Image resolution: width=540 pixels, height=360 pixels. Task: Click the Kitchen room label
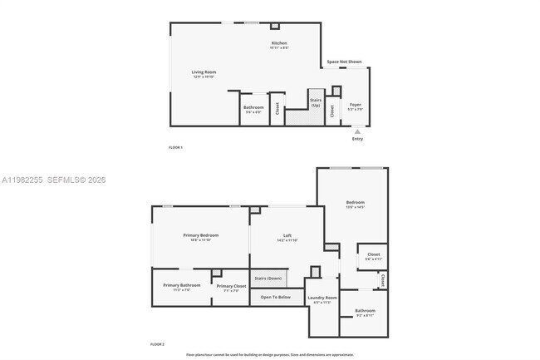tap(279, 43)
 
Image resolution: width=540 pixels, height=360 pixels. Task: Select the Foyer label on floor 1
tap(355, 105)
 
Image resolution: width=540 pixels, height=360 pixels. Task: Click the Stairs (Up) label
tap(316, 103)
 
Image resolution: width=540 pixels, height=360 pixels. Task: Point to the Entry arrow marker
tap(357, 131)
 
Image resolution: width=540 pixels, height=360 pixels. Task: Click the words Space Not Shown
tap(344, 62)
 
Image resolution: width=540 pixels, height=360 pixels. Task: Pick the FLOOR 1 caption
tap(175, 147)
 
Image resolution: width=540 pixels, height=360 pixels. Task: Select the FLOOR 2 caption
tap(157, 343)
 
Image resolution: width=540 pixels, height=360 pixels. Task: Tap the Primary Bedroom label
tap(199, 235)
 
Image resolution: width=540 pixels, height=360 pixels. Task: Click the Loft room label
tap(287, 236)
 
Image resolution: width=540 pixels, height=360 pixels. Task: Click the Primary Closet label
tap(231, 286)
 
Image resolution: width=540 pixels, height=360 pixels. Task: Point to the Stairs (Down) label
tap(268, 278)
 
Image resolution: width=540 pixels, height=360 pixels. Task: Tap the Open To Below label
tap(275, 297)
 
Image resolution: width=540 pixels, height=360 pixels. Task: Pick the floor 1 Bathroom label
tap(253, 107)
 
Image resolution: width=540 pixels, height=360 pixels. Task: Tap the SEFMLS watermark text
tap(56, 180)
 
